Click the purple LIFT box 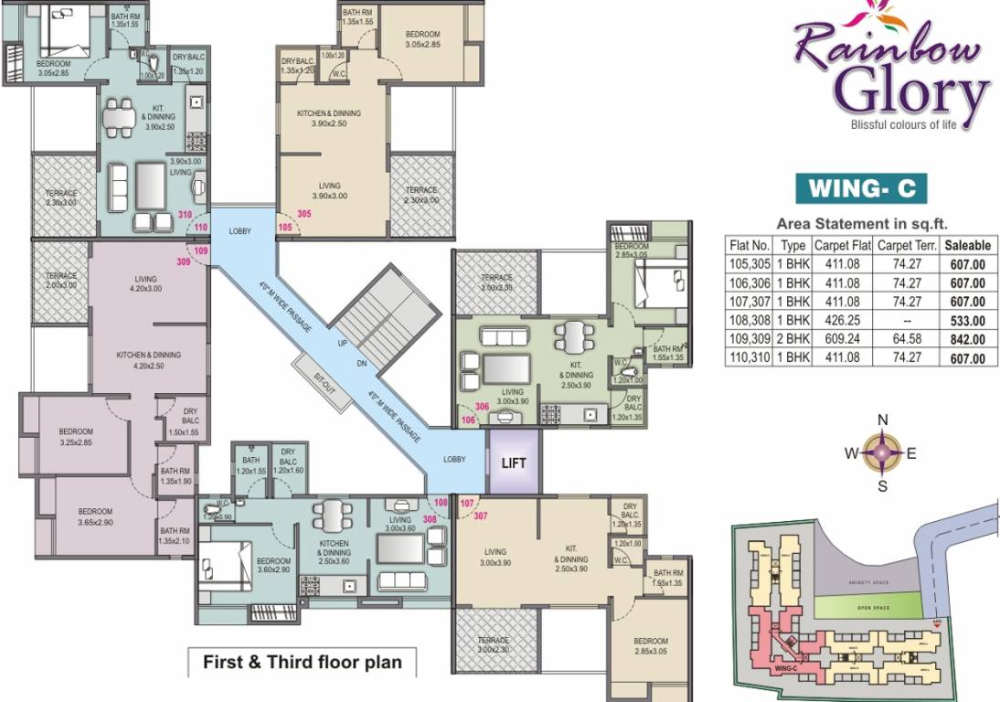coord(514,463)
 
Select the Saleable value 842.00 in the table coord(966,340)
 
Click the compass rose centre coord(882,451)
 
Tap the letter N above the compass coord(882,420)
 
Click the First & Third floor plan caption coord(302,662)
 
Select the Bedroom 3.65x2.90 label coord(95,516)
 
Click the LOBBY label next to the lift coord(454,460)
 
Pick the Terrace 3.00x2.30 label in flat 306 coord(497,282)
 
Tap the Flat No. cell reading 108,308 coord(749,321)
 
